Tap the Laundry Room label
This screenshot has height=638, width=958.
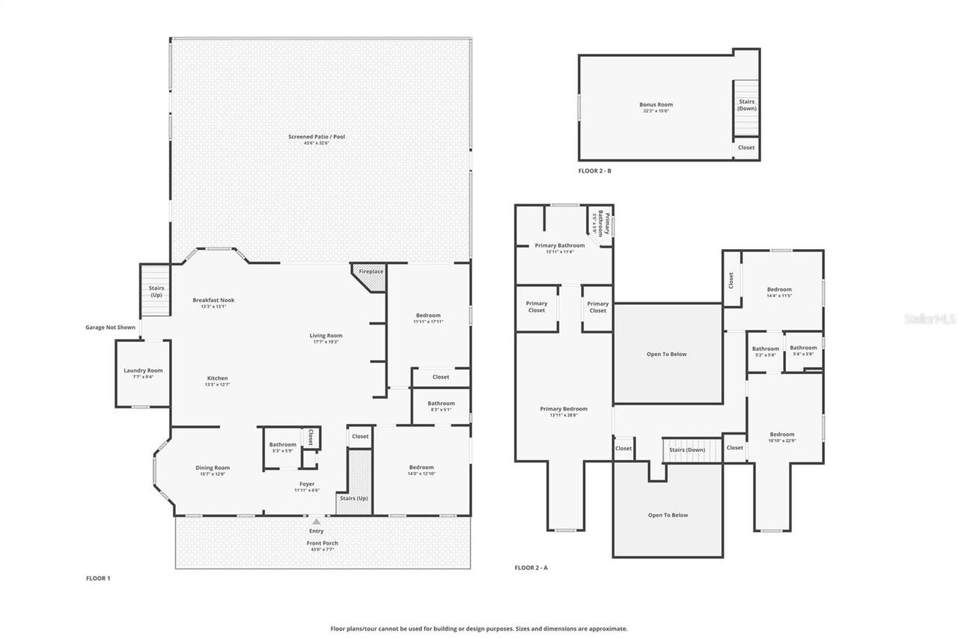(x=143, y=370)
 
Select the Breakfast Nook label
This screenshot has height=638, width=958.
(x=213, y=300)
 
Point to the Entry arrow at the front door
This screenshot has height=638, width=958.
(x=317, y=521)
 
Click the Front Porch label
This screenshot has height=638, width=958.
(x=322, y=543)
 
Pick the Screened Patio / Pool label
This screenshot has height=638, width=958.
(x=317, y=136)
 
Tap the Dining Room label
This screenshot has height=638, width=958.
(x=213, y=467)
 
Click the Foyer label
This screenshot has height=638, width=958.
(x=307, y=484)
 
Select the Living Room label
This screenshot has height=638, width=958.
(x=326, y=336)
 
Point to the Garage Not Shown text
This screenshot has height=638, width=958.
(x=110, y=327)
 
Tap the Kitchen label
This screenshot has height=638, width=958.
(x=217, y=378)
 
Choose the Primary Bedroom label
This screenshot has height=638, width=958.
(x=564, y=408)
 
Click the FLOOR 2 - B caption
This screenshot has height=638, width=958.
(x=595, y=171)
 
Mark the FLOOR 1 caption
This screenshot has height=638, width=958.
(x=98, y=578)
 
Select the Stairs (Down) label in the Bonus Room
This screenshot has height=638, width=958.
(x=747, y=105)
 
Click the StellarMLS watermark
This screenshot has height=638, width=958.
(x=930, y=319)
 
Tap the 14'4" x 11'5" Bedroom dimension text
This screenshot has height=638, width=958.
(x=779, y=296)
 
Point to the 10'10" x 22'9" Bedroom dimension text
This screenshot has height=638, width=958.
(x=782, y=441)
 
